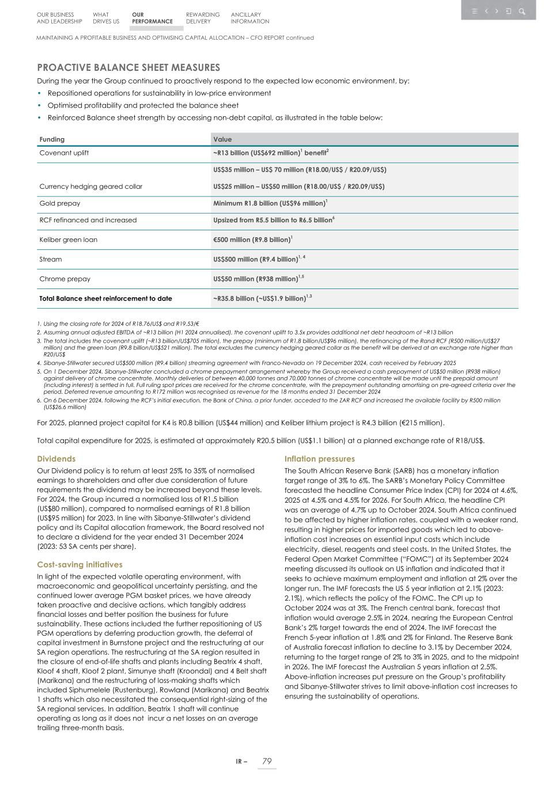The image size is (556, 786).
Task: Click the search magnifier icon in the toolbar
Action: click(x=521, y=11)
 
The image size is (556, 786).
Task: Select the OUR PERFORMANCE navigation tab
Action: click(x=152, y=18)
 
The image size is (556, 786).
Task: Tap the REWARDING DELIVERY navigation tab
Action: click(x=202, y=18)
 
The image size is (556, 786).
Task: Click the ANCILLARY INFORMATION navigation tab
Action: click(x=249, y=18)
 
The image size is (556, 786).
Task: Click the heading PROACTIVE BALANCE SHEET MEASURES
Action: click(x=128, y=68)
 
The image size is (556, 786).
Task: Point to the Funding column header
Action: click(x=52, y=139)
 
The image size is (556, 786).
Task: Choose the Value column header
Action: click(x=222, y=139)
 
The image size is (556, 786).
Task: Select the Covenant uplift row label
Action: click(x=64, y=153)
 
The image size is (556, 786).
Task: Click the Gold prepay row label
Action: click(x=60, y=203)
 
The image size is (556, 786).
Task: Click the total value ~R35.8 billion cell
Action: click(x=262, y=298)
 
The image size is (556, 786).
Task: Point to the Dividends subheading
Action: click(x=56, y=459)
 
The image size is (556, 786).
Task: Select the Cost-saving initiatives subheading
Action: click(x=80, y=564)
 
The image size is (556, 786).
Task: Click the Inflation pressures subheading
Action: click(x=320, y=459)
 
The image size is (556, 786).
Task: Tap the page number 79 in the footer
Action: click(x=267, y=761)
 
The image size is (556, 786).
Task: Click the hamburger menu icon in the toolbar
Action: click(x=474, y=11)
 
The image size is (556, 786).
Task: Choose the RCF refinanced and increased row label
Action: click(x=88, y=220)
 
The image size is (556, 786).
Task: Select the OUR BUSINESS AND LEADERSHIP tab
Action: click(x=59, y=18)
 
